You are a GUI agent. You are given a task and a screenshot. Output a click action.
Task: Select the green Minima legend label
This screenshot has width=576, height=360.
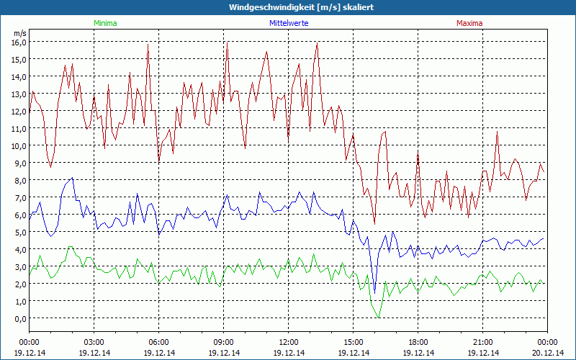pos(104,23)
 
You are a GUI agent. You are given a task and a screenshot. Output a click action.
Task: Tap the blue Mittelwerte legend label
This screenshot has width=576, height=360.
pos(289,23)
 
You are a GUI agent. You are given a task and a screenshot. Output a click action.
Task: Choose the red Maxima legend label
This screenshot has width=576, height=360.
pos(469,23)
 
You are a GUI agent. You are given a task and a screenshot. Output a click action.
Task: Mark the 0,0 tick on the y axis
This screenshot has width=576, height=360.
pos(20,318)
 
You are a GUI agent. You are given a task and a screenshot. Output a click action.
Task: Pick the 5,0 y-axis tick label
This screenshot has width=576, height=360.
pos(20,232)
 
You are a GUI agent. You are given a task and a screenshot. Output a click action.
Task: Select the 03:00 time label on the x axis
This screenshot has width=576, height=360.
pos(94,342)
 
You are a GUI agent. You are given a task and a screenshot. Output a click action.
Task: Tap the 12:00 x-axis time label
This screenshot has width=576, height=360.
pos(289,342)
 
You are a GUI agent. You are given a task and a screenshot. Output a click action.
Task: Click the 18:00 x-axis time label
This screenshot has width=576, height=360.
pos(418,342)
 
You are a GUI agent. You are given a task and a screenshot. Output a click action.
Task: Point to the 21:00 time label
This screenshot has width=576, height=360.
pos(483,342)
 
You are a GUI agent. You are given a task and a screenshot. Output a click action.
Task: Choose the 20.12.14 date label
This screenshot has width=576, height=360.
pos(548,353)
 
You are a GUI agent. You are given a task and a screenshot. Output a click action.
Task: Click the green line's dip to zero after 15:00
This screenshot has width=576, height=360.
pos(378,317)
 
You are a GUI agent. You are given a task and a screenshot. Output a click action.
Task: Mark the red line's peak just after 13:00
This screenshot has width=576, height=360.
pos(317,43)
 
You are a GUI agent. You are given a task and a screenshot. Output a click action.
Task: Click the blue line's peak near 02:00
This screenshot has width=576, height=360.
pos(72,178)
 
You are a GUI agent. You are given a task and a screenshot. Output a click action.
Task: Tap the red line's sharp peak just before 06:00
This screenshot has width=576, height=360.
pos(148,45)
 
